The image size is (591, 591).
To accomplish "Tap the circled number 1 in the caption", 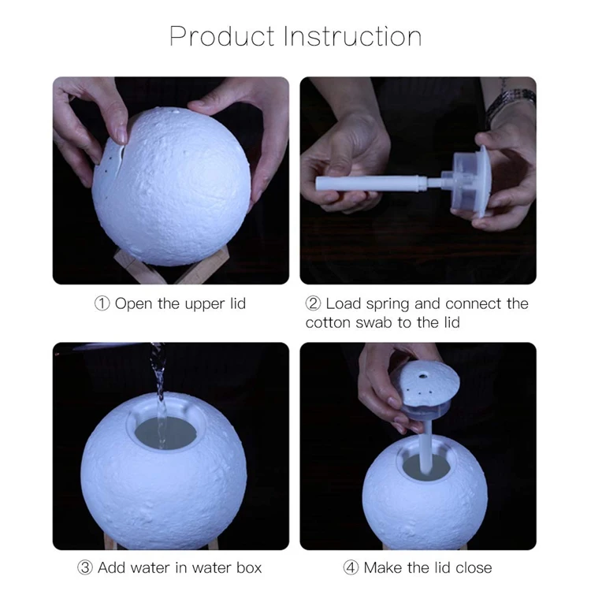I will pyautogui.click(x=102, y=304).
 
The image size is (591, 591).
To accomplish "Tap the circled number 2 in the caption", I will pyautogui.click(x=313, y=304).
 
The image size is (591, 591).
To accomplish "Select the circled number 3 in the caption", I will pyautogui.click(x=85, y=567).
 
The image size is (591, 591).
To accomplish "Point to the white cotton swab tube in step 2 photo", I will pyautogui.click(x=370, y=183).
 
